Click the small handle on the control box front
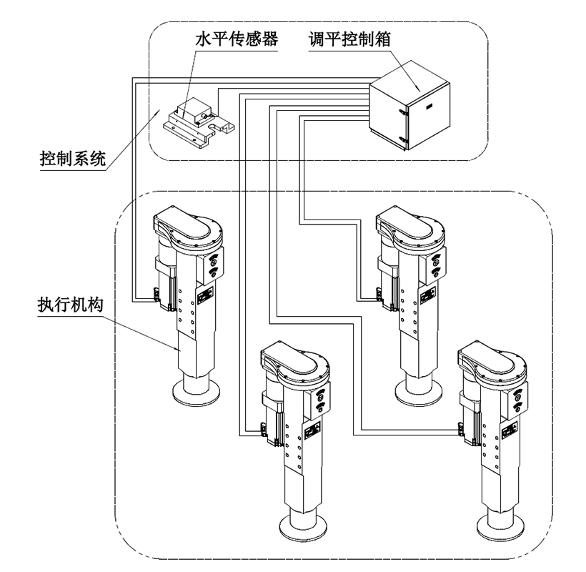click(x=429, y=106)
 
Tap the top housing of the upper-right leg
click(x=410, y=227)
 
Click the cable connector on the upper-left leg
click(x=155, y=292)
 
